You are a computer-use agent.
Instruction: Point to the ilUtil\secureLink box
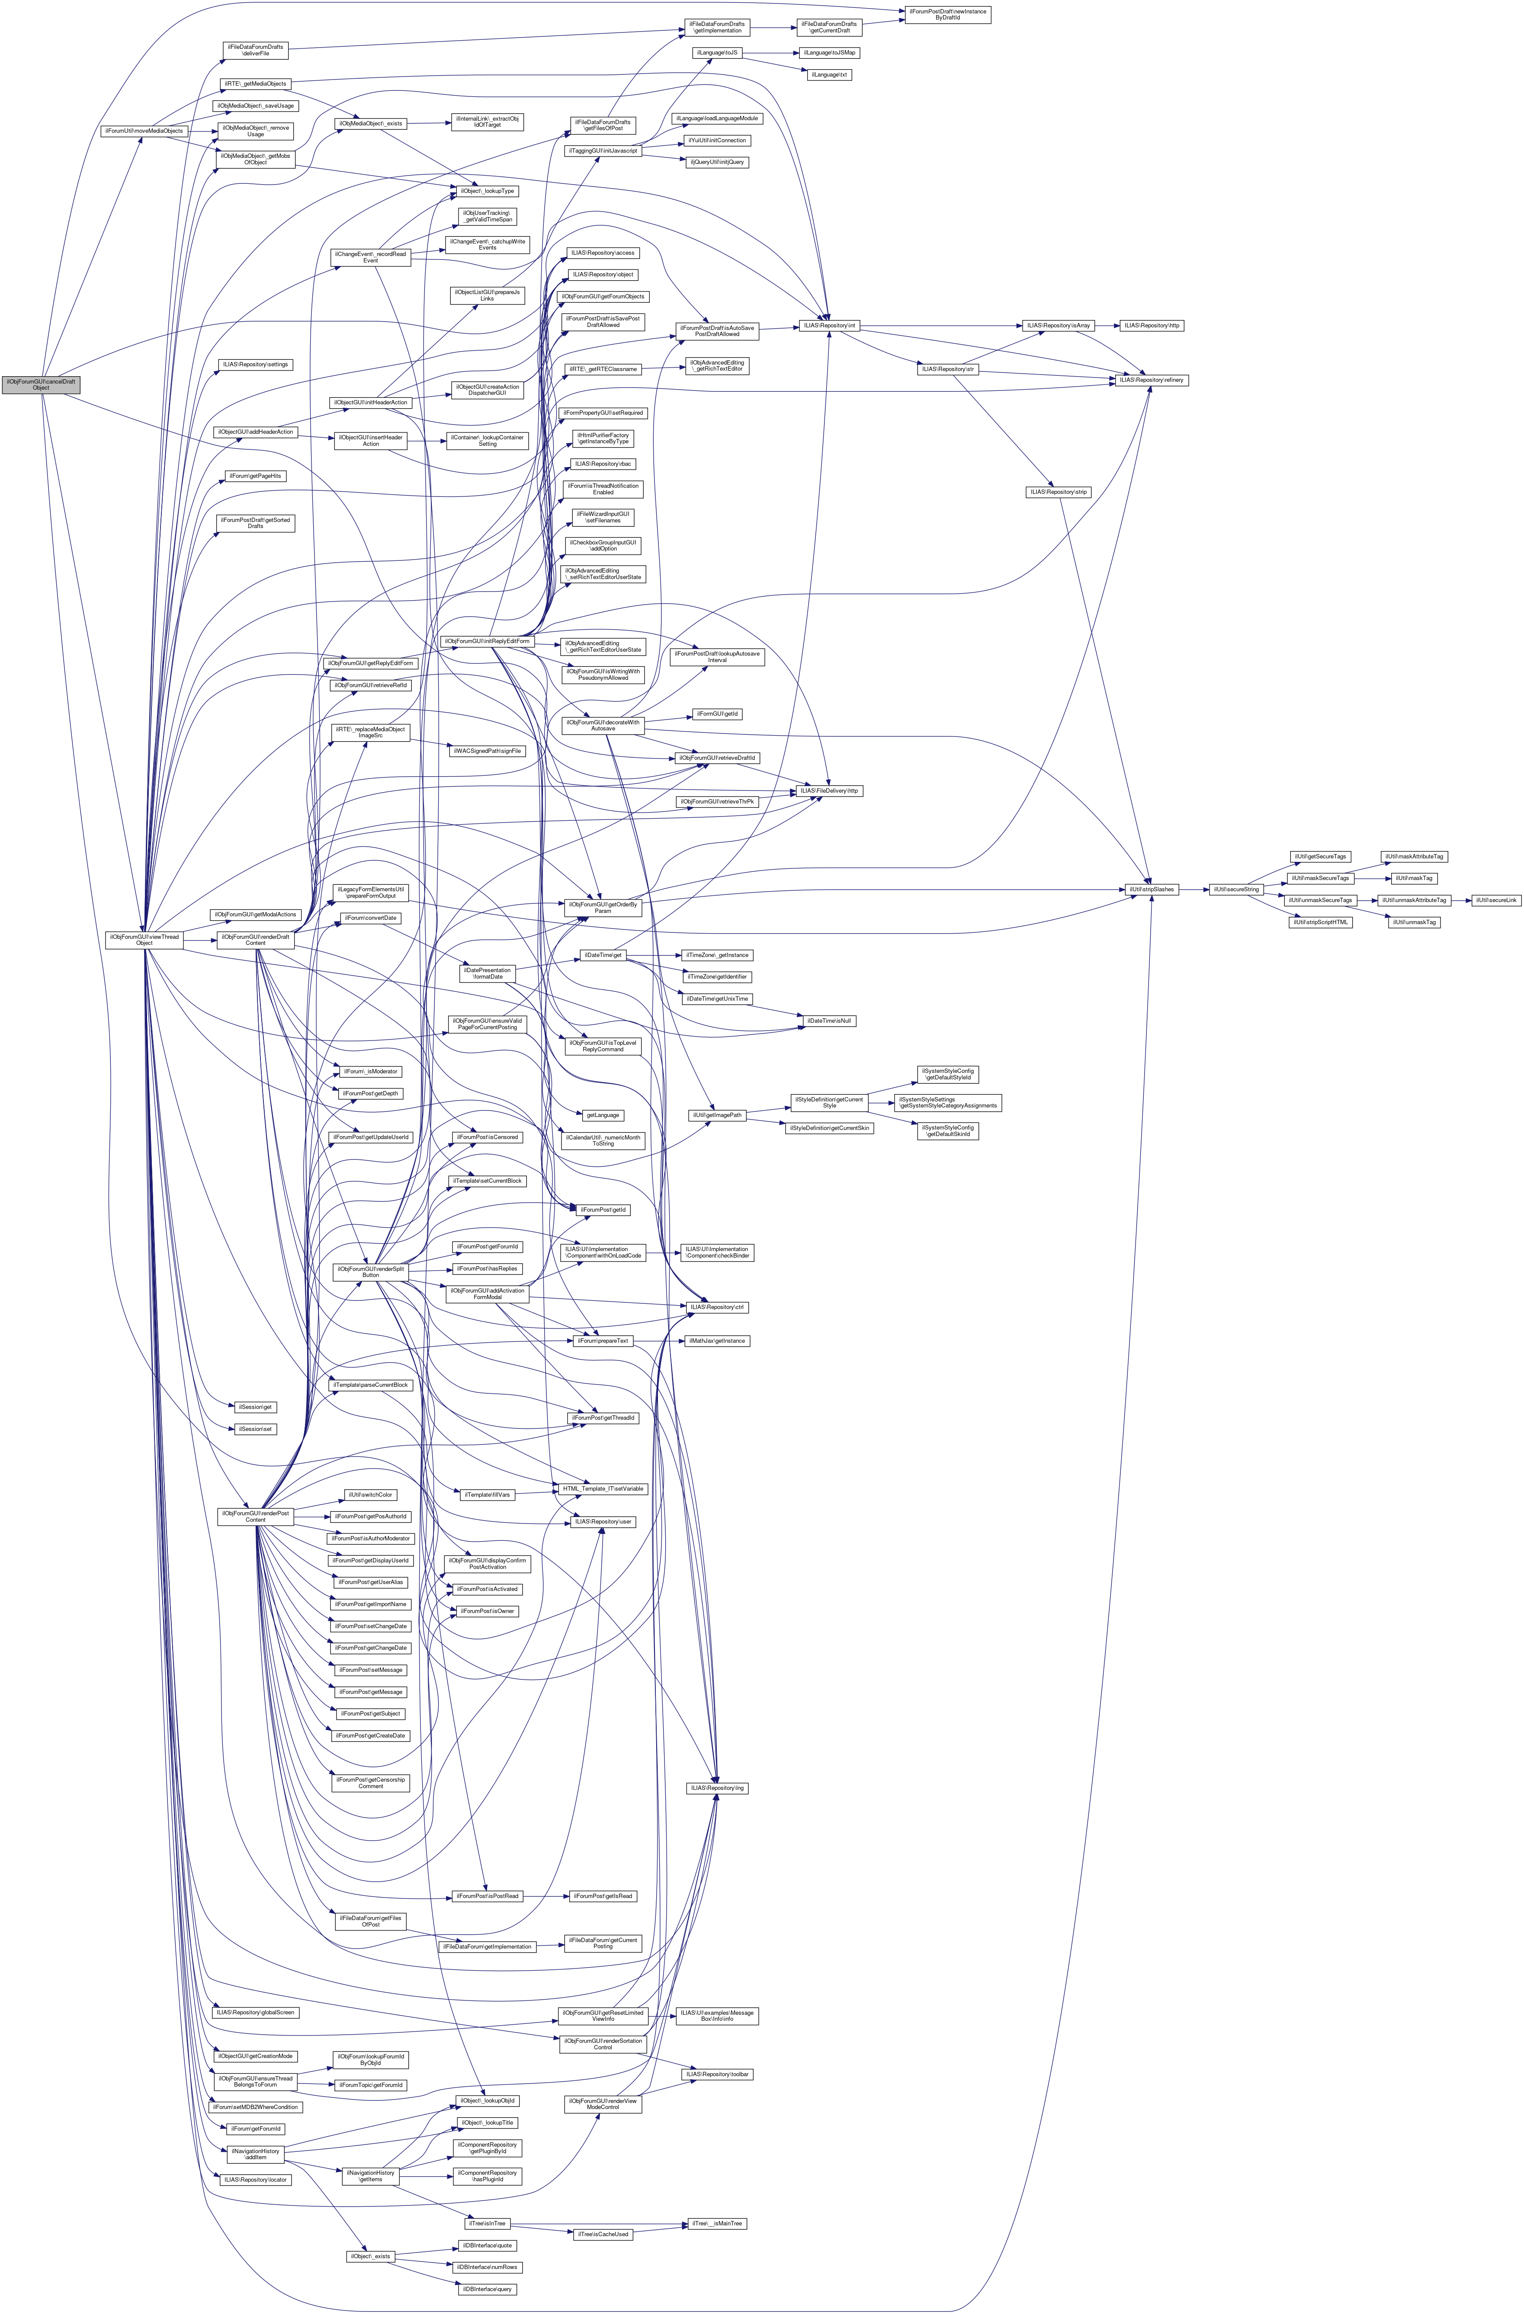(1496, 900)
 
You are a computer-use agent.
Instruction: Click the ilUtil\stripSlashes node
(1152, 890)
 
